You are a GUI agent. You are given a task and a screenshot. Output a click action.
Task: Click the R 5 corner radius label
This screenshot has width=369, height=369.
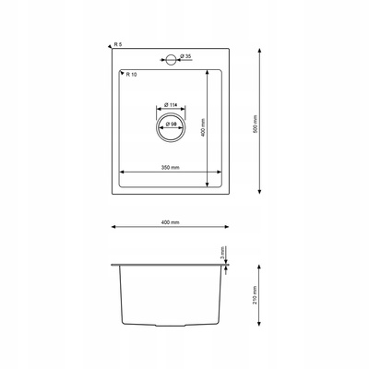[118, 44]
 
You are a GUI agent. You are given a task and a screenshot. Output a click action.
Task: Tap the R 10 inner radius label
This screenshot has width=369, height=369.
[131, 75]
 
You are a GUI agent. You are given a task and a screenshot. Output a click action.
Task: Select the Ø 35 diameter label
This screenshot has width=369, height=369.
[186, 56]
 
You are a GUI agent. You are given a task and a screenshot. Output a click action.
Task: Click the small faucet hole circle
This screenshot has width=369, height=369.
[171, 60]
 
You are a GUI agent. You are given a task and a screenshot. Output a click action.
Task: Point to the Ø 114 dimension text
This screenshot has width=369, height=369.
[171, 105]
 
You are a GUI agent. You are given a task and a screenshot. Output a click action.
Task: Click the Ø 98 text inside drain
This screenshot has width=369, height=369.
[171, 125]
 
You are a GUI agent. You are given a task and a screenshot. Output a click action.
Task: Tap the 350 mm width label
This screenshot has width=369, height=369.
[171, 168]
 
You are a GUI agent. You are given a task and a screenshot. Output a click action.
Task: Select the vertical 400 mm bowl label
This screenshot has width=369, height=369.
[202, 128]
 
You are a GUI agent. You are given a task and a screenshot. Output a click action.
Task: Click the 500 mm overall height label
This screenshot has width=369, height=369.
[255, 124]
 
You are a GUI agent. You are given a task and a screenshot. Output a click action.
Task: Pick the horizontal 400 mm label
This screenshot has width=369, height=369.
[171, 222]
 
